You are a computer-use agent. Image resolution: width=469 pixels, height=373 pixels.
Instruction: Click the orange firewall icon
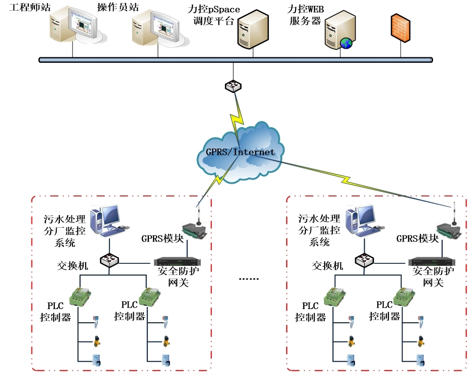click(x=400, y=26)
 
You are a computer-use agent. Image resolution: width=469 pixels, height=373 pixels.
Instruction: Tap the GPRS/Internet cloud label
click(x=240, y=152)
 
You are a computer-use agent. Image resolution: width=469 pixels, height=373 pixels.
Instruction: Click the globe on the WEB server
click(x=346, y=43)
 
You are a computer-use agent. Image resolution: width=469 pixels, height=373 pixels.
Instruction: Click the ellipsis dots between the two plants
click(x=248, y=279)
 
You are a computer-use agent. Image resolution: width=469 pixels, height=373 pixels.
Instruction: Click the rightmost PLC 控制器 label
click(x=384, y=311)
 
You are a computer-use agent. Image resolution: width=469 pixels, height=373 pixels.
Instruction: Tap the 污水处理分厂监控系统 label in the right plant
click(x=320, y=230)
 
